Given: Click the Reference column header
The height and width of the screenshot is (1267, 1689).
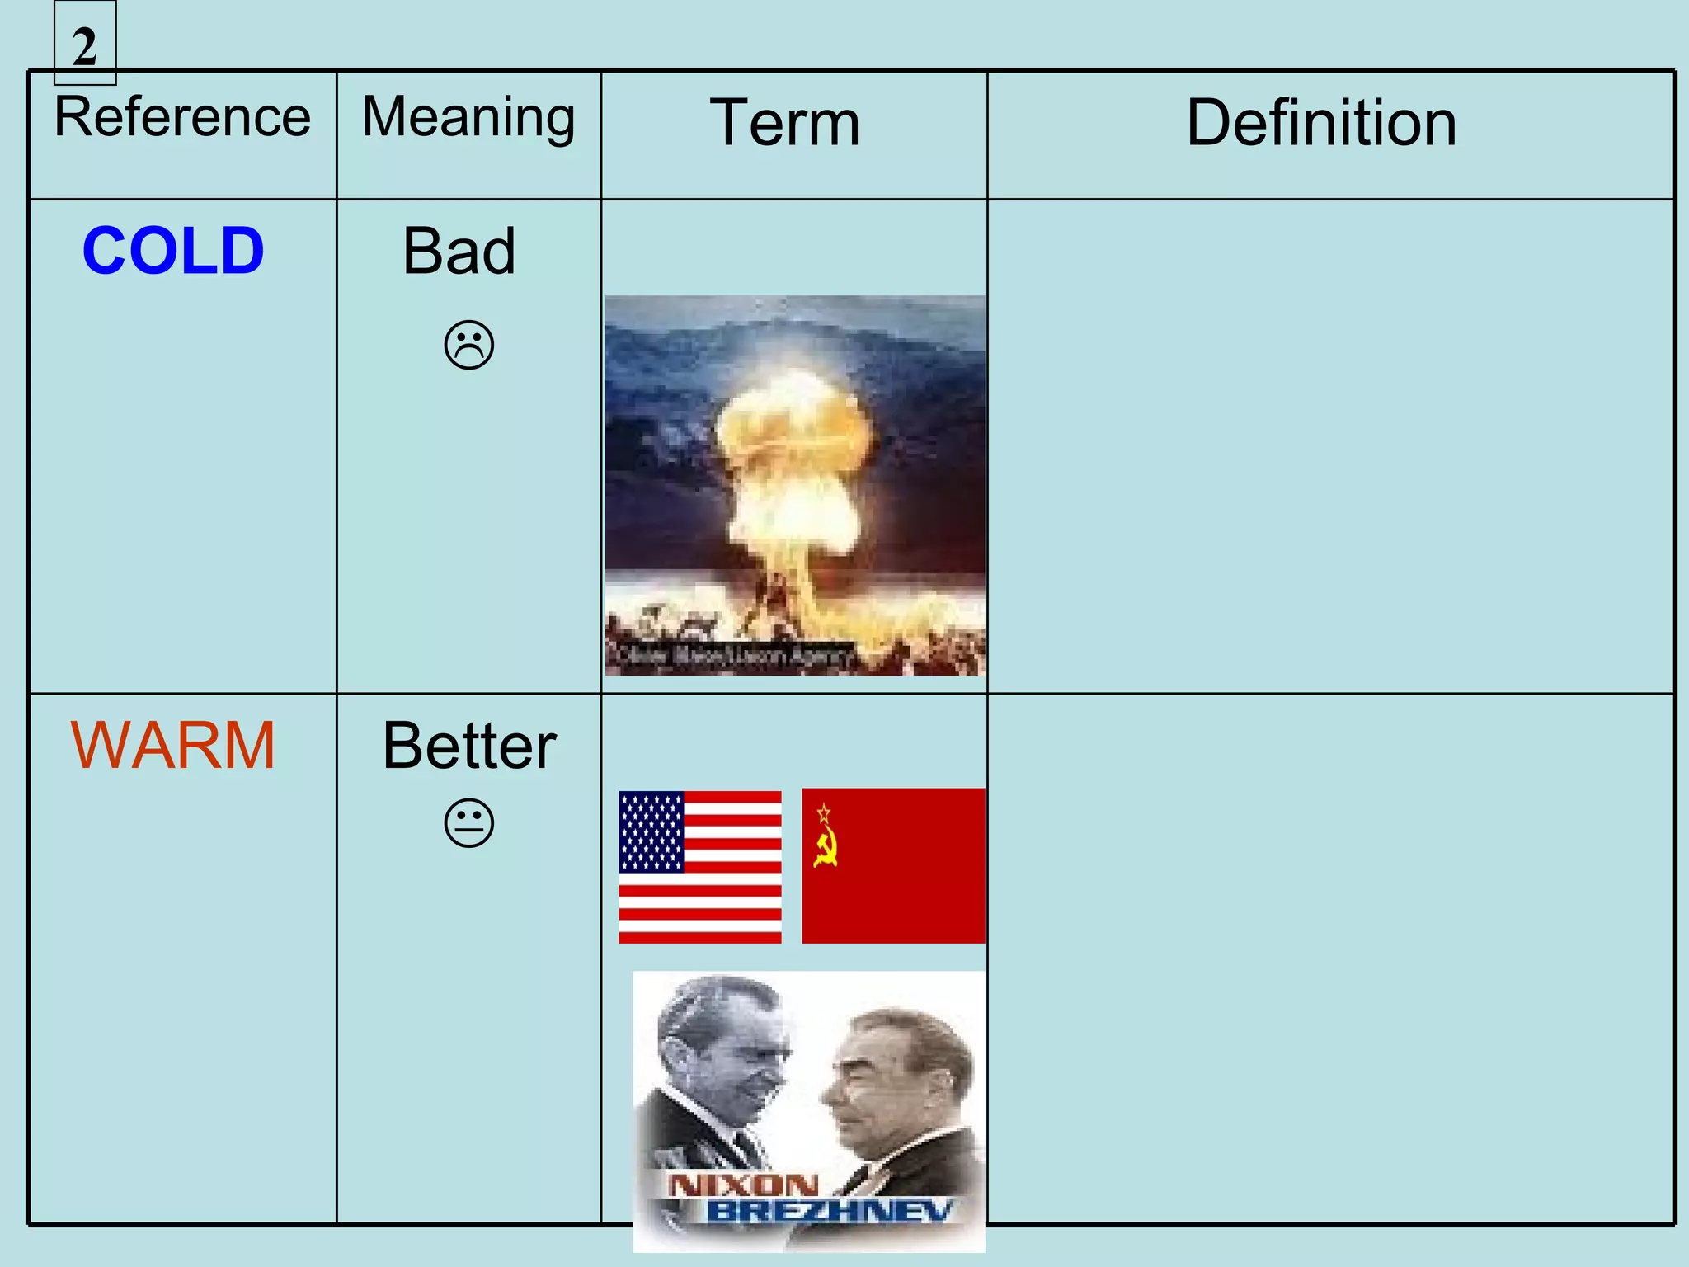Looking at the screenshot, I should coord(182,117).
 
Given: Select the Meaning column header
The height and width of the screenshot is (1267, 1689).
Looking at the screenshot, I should coord(468,117).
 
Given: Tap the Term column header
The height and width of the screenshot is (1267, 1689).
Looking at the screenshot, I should coord(785,123).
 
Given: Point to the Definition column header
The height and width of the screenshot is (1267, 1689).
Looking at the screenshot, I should coord(1321,123).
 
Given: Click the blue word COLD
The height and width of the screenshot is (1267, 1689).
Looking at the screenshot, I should coord(173,251).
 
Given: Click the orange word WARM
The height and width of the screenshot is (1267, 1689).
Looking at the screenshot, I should coord(173,746).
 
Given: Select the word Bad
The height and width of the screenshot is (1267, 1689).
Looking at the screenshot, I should coord(459,251).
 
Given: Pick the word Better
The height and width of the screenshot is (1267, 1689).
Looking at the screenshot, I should coord(469,746).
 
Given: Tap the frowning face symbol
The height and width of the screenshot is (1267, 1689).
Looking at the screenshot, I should coord(469,345).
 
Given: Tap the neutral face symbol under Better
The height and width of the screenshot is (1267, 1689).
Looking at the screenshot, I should coord(469,822).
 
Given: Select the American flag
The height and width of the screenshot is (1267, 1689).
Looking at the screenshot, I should coord(700,867).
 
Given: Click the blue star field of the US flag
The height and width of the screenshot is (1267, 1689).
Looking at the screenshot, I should coord(652,831).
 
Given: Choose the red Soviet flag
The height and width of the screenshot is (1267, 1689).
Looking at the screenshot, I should coord(893,866).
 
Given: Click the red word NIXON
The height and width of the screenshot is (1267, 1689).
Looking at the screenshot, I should coord(742,1185).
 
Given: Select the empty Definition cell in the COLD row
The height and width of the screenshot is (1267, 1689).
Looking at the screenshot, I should coord(1329,445).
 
